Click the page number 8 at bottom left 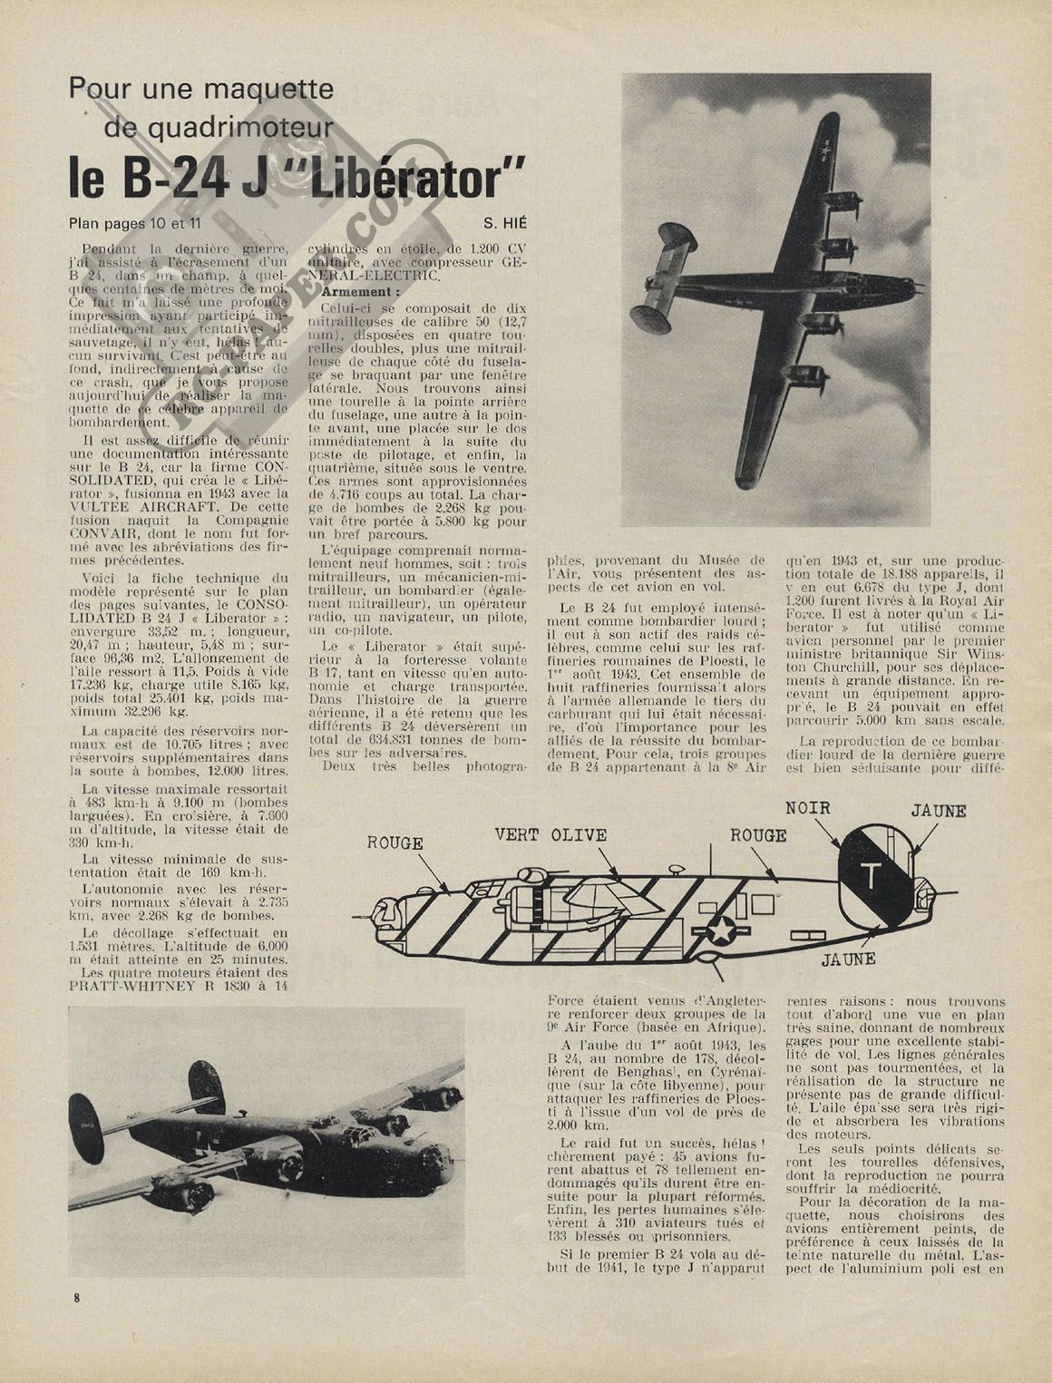(77, 1297)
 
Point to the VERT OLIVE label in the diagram (550, 835)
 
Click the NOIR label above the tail (808, 808)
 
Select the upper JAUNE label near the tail (939, 812)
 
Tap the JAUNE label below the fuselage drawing (848, 958)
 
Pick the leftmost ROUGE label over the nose (394, 842)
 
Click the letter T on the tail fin (871, 875)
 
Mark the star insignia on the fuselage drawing (722, 930)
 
